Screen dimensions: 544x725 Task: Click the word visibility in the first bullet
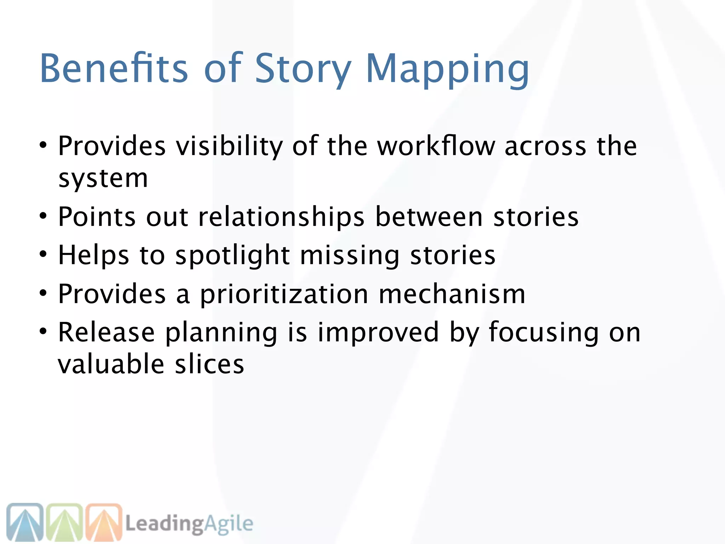coord(229,146)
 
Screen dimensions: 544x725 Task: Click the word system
coord(103,179)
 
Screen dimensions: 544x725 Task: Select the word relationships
coord(281,217)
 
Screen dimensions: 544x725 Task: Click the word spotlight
coord(233,256)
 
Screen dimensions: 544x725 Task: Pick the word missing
coord(350,256)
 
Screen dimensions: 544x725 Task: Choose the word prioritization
coord(284,295)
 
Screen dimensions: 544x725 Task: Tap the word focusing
coord(544,333)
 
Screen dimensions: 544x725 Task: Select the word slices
coord(210,364)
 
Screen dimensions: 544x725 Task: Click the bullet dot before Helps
coord(43,254)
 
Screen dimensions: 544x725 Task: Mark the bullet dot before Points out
coord(43,216)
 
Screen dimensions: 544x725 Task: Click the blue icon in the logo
coord(25,523)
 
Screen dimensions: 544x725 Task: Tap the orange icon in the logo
coord(104,523)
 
